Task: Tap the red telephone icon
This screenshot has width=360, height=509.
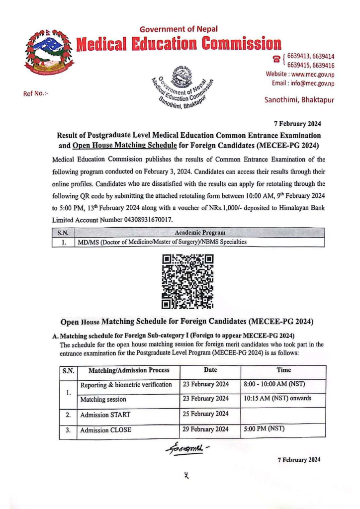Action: (x=275, y=60)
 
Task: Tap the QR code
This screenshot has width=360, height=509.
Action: (x=188, y=281)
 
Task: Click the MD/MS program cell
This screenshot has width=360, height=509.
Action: (x=161, y=242)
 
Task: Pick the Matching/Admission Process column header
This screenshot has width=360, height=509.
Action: (x=128, y=370)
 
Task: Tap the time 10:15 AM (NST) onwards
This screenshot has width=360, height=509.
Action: (x=277, y=399)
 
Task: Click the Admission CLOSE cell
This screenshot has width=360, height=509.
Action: (x=105, y=430)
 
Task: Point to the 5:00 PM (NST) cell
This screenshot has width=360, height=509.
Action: (x=264, y=429)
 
